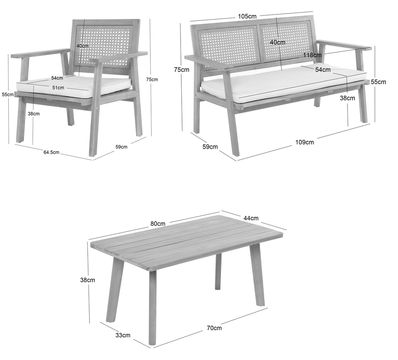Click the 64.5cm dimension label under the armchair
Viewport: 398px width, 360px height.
coord(51,152)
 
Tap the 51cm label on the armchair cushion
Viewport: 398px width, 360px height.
coord(58,88)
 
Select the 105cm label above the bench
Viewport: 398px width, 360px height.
coord(247,16)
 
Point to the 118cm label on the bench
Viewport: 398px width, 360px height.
coord(312,55)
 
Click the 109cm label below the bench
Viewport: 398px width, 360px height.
coord(304,142)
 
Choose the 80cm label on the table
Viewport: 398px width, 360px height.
coord(158,224)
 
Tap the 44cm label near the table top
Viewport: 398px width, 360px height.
coord(251,218)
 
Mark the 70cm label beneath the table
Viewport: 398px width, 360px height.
coord(214,328)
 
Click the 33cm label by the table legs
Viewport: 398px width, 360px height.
coord(123,335)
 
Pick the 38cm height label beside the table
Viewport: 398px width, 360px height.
coord(88,280)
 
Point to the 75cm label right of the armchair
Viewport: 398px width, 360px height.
coord(152,80)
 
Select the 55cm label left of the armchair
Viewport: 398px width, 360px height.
coord(8,94)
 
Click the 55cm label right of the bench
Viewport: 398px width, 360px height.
coord(378,82)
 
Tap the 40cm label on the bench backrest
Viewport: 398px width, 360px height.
coord(277,42)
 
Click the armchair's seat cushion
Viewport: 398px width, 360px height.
coord(74,87)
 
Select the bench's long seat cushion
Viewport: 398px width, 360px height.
coord(284,81)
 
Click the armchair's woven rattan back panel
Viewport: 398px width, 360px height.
coord(104,47)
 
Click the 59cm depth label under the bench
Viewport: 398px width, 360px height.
coord(210,146)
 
